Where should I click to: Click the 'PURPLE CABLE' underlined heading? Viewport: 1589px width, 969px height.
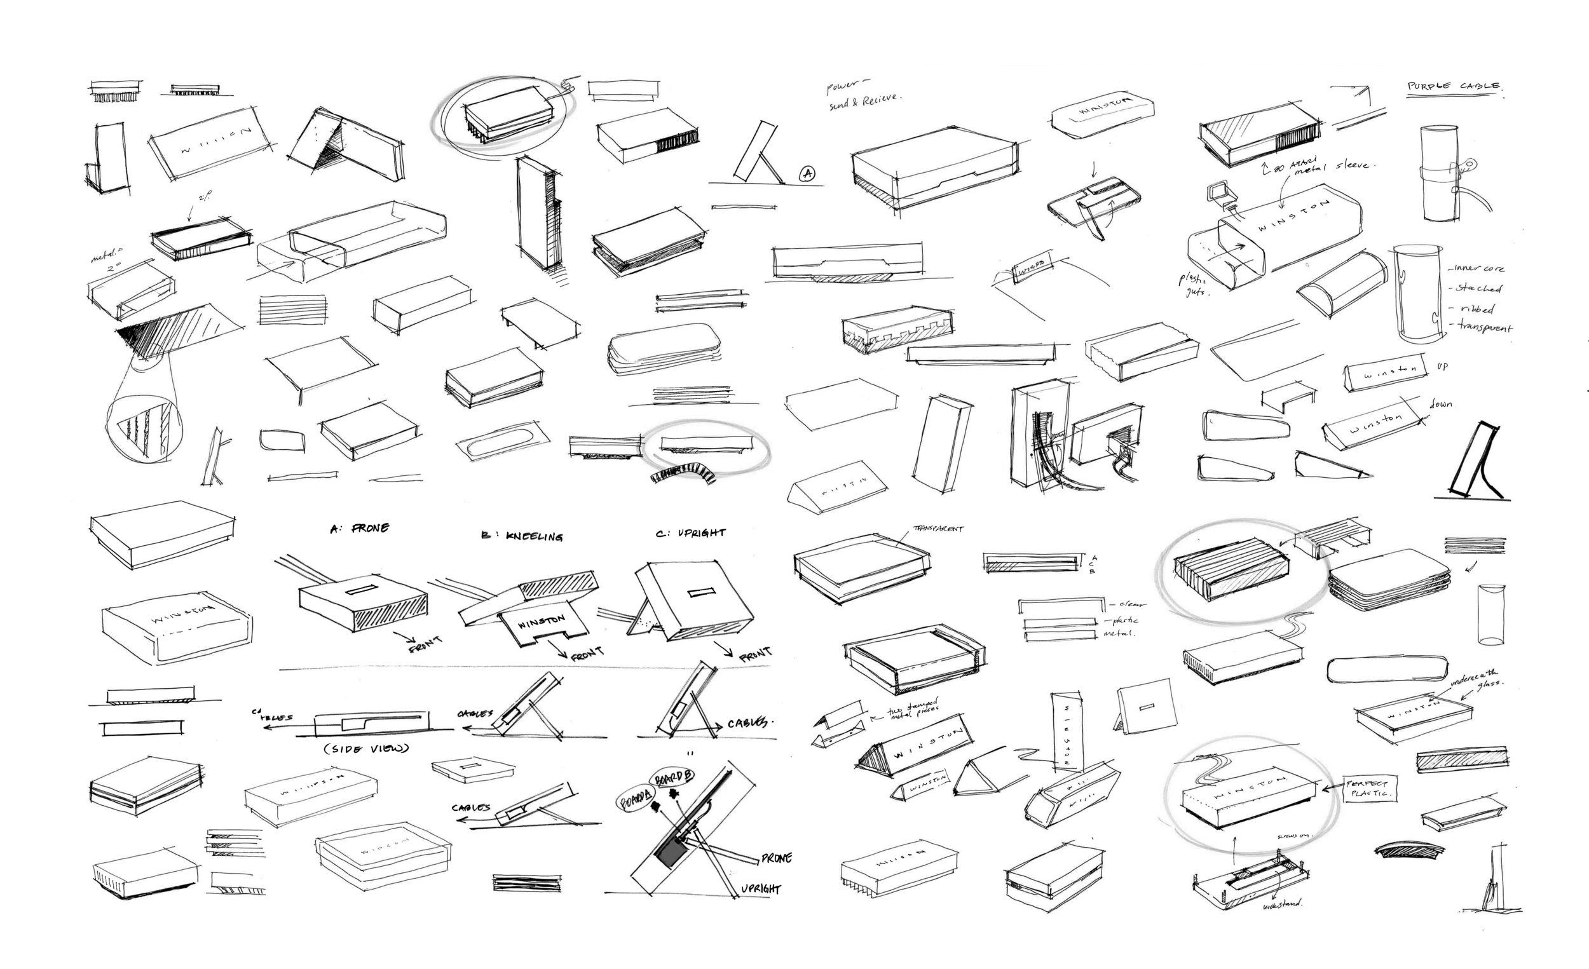tap(1454, 86)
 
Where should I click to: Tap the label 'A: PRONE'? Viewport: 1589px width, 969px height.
tap(360, 529)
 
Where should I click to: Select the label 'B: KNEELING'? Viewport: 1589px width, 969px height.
tap(522, 536)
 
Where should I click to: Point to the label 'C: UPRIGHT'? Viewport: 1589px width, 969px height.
tap(691, 533)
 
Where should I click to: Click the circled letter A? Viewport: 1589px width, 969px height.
tap(807, 173)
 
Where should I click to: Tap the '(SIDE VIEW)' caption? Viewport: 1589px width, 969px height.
tap(366, 749)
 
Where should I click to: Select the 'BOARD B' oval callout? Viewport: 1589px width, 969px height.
tap(674, 778)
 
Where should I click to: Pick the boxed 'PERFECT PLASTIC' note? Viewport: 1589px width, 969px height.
tap(1370, 789)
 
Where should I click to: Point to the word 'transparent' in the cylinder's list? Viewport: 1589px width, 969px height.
tap(1485, 327)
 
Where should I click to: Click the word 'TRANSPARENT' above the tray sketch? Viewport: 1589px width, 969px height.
tap(938, 529)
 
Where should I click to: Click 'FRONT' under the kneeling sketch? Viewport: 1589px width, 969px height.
tap(585, 654)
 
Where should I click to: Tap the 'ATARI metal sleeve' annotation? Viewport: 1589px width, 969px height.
tap(1322, 165)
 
